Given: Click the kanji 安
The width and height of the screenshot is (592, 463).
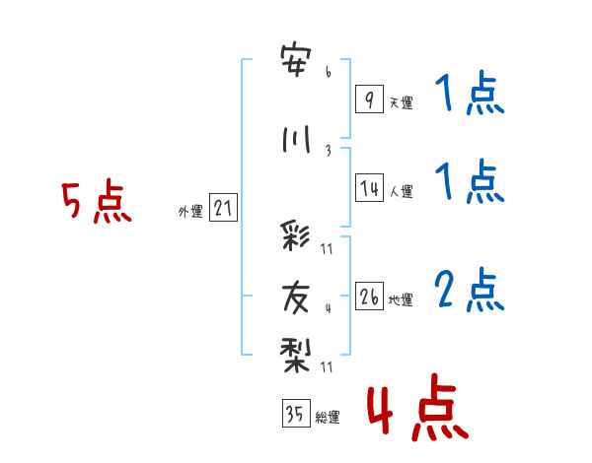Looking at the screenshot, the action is pyautogui.click(x=296, y=60).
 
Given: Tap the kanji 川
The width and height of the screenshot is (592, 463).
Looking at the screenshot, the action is pyautogui.click(x=296, y=139).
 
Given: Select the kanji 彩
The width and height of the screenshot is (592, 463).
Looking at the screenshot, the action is pyautogui.click(x=295, y=235).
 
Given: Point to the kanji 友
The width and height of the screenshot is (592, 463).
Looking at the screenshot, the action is pyautogui.click(x=295, y=298).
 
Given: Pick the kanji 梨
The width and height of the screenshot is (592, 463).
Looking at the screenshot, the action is pyautogui.click(x=295, y=355).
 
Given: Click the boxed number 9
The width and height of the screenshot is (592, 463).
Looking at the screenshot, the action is pyautogui.click(x=369, y=99).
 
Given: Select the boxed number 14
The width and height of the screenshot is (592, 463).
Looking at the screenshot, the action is pyautogui.click(x=369, y=187).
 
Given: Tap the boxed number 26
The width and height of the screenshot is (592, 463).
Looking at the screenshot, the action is pyautogui.click(x=369, y=296).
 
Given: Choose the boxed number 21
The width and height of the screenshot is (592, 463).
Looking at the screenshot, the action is pyautogui.click(x=223, y=208).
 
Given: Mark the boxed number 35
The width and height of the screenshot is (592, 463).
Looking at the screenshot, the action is pyautogui.click(x=296, y=413).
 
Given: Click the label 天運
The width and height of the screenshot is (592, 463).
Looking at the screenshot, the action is pyautogui.click(x=401, y=102).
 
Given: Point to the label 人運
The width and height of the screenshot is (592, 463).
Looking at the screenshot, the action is pyautogui.click(x=401, y=191).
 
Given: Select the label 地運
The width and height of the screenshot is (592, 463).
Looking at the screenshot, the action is pyautogui.click(x=401, y=300).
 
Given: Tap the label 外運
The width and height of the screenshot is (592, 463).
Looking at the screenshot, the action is pyautogui.click(x=190, y=212).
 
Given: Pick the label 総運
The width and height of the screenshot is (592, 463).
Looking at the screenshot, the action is pyautogui.click(x=328, y=418).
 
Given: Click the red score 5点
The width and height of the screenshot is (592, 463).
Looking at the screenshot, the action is pyautogui.click(x=97, y=201).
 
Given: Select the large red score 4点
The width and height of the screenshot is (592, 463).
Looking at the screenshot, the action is pyautogui.click(x=417, y=407).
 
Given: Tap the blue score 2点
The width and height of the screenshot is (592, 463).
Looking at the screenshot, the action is pyautogui.click(x=470, y=290).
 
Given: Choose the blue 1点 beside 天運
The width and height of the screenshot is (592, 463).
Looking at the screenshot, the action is pyautogui.click(x=470, y=93).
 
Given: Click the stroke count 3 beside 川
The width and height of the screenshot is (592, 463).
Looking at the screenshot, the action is pyautogui.click(x=329, y=151).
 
